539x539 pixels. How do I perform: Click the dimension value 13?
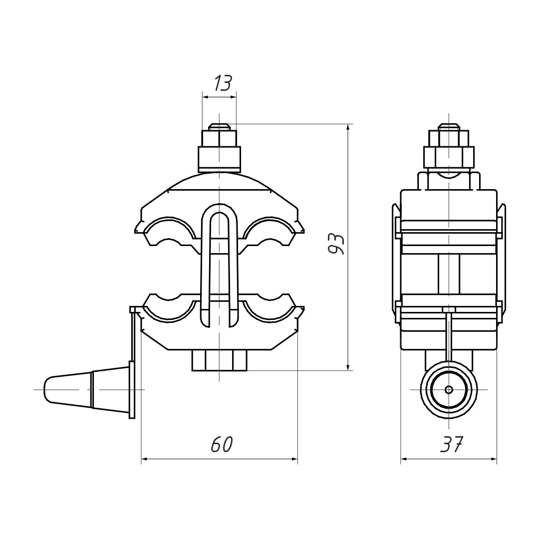click(x=223, y=83)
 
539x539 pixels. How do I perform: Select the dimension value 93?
click(x=336, y=245)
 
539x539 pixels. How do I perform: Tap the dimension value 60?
click(x=222, y=445)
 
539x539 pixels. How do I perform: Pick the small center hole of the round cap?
click(x=449, y=389)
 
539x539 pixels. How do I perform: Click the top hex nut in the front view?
click(x=219, y=138)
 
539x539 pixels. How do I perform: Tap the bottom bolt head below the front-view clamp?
click(x=219, y=360)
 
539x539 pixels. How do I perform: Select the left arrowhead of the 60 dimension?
click(x=145, y=459)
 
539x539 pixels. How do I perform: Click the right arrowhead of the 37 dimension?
click(x=492, y=459)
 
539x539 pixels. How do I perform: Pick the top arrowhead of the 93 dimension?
click(x=348, y=128)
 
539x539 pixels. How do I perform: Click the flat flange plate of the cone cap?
click(x=132, y=389)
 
